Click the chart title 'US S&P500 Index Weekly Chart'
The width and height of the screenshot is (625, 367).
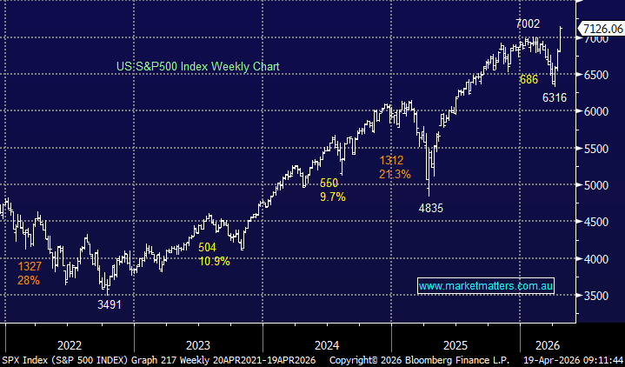[x=198, y=66]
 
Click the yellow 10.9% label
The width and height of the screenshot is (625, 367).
[x=214, y=261]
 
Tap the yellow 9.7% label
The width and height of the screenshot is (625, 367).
[x=332, y=197]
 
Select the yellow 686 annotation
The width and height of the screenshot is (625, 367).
[x=529, y=79]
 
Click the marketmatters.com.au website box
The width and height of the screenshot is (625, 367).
[x=486, y=285]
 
